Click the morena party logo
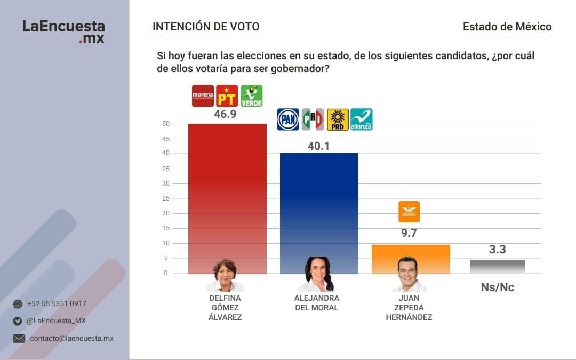(x=203, y=96)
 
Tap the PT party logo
(x=227, y=96)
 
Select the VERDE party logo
(x=251, y=96)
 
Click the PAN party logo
(x=288, y=119)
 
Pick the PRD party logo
(x=338, y=119)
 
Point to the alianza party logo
(x=361, y=119)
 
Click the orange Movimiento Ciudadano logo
(x=409, y=211)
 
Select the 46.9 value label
(x=225, y=115)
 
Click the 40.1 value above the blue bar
(x=319, y=146)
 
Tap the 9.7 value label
(x=409, y=233)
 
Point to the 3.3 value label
(x=498, y=249)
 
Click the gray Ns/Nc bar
(x=498, y=267)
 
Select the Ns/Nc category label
(x=498, y=287)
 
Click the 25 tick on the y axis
(x=166, y=169)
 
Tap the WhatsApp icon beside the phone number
(x=18, y=304)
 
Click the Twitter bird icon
(x=18, y=321)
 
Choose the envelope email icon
(x=19, y=338)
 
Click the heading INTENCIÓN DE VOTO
(x=206, y=27)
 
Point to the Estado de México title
(x=507, y=27)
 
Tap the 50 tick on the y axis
(x=166, y=124)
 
